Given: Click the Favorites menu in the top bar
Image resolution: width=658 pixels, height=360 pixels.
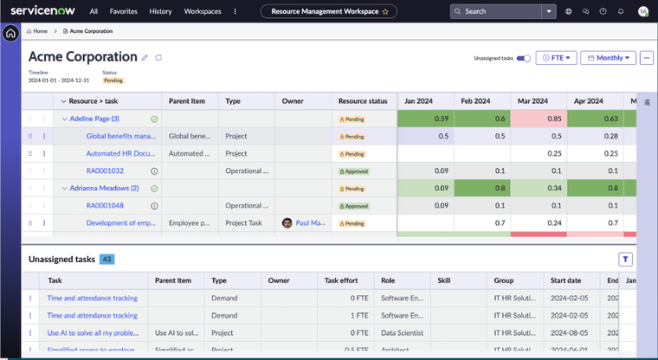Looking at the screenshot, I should [x=123, y=11].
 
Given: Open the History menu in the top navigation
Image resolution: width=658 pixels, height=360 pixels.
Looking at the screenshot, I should [x=160, y=11].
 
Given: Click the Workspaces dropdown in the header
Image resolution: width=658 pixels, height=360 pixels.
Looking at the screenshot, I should [x=203, y=11].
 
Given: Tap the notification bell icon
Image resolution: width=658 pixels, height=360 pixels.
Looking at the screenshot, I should [x=621, y=11].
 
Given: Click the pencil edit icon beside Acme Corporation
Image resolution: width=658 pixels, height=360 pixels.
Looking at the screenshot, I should [x=145, y=57].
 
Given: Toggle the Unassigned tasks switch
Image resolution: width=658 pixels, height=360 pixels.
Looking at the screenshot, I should [x=524, y=58].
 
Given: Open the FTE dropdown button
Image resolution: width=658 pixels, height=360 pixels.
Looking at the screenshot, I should [x=556, y=58].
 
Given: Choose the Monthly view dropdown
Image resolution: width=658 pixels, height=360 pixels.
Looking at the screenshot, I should [x=608, y=58].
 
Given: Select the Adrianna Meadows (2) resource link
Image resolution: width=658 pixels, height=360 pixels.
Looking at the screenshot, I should [x=104, y=188].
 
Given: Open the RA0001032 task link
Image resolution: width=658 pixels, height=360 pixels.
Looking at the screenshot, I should [x=105, y=170].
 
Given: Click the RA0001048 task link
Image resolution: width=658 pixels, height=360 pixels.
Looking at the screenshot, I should [x=105, y=205].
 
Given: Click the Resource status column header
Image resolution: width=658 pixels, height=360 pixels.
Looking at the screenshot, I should [x=363, y=101].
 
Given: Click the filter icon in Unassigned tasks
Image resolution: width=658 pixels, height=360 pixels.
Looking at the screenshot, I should [x=626, y=259].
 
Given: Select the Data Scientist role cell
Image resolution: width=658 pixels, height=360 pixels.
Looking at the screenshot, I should [x=398, y=332].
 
